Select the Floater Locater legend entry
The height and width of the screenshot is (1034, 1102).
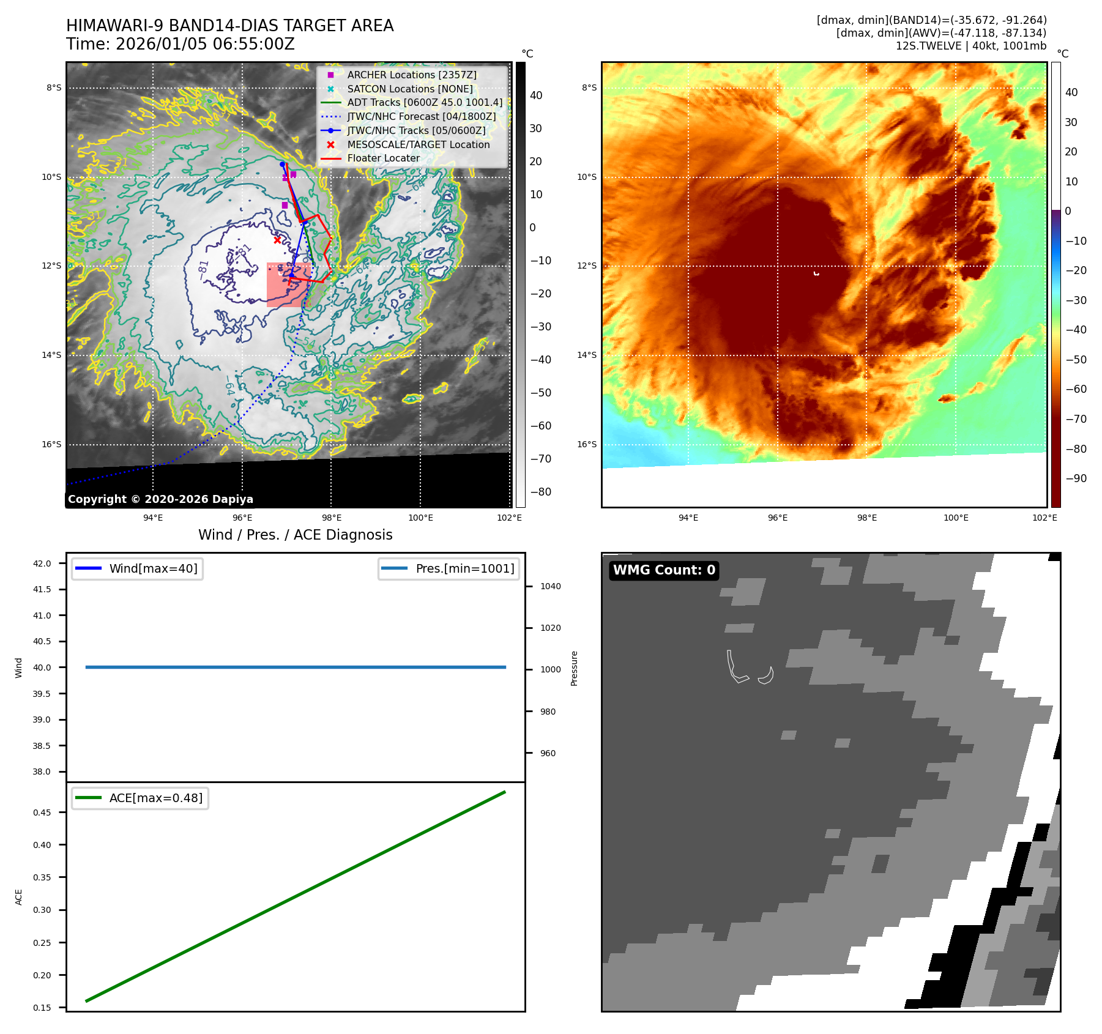point(383,158)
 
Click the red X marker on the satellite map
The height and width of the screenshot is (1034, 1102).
point(278,240)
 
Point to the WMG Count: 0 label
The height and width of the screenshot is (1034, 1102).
point(664,570)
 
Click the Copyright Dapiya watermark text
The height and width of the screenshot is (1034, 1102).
point(160,499)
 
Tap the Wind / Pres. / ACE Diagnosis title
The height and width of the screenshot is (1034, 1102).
point(295,535)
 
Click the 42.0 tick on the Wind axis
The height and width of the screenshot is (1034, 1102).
point(42,563)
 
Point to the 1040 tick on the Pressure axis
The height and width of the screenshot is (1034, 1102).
point(550,586)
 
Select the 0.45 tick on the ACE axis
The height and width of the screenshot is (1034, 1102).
point(42,813)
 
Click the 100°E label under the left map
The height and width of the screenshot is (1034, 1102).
point(420,518)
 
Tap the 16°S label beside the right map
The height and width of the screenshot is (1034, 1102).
point(586,444)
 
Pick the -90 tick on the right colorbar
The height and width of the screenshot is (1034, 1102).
point(1076,478)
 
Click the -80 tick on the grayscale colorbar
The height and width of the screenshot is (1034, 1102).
point(540,492)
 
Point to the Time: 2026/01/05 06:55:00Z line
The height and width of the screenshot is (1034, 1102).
point(181,44)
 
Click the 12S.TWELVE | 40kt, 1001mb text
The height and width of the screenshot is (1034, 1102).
point(970,46)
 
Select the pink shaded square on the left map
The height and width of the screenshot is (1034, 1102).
point(286,285)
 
